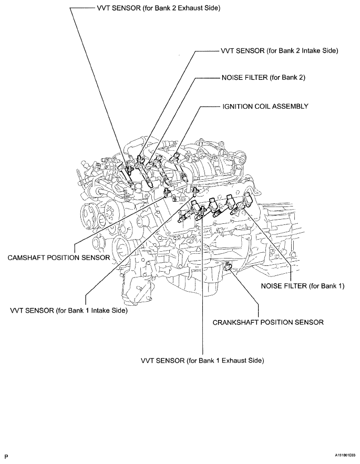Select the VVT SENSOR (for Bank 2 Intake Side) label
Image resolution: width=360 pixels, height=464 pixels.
click(279, 50)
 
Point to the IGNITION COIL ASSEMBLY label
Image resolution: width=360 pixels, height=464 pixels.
click(264, 106)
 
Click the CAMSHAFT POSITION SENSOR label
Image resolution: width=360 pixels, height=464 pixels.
click(58, 258)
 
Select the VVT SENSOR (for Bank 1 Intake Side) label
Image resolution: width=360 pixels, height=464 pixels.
click(69, 311)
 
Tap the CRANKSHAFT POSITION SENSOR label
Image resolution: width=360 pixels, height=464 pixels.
click(268, 322)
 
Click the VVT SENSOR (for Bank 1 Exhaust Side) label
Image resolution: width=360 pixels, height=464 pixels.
click(202, 360)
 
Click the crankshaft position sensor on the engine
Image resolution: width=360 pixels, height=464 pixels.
click(229, 269)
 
